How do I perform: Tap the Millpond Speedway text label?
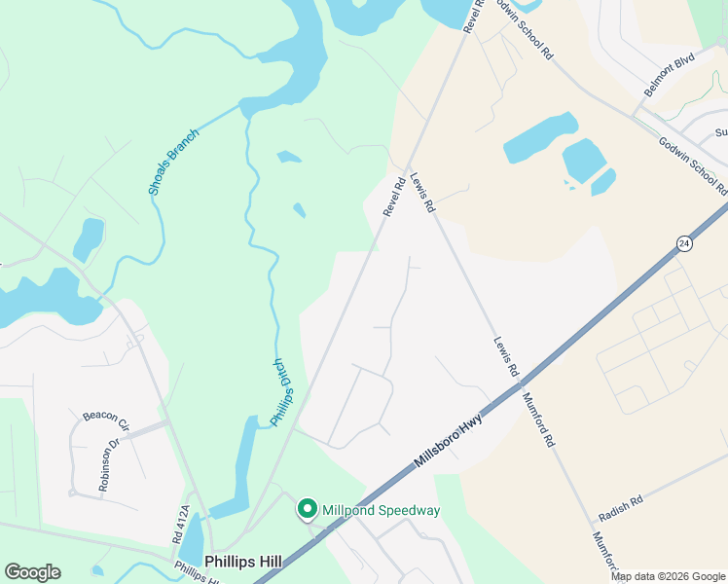pos(381,510)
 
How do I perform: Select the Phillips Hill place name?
pos(244,562)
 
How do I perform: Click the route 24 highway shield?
pos(684,243)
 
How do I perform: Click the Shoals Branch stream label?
pos(173,162)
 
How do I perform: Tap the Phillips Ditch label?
pos(280,392)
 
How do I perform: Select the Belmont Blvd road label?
pos(670,74)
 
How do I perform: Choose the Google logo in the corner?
pos(32,572)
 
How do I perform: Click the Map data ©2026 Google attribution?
pos(668,576)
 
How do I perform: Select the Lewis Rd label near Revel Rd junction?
pos(421,194)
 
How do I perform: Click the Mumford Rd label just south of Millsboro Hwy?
pos(537,419)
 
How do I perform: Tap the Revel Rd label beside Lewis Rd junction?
pos(393,196)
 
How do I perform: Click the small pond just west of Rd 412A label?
pos(192,536)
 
